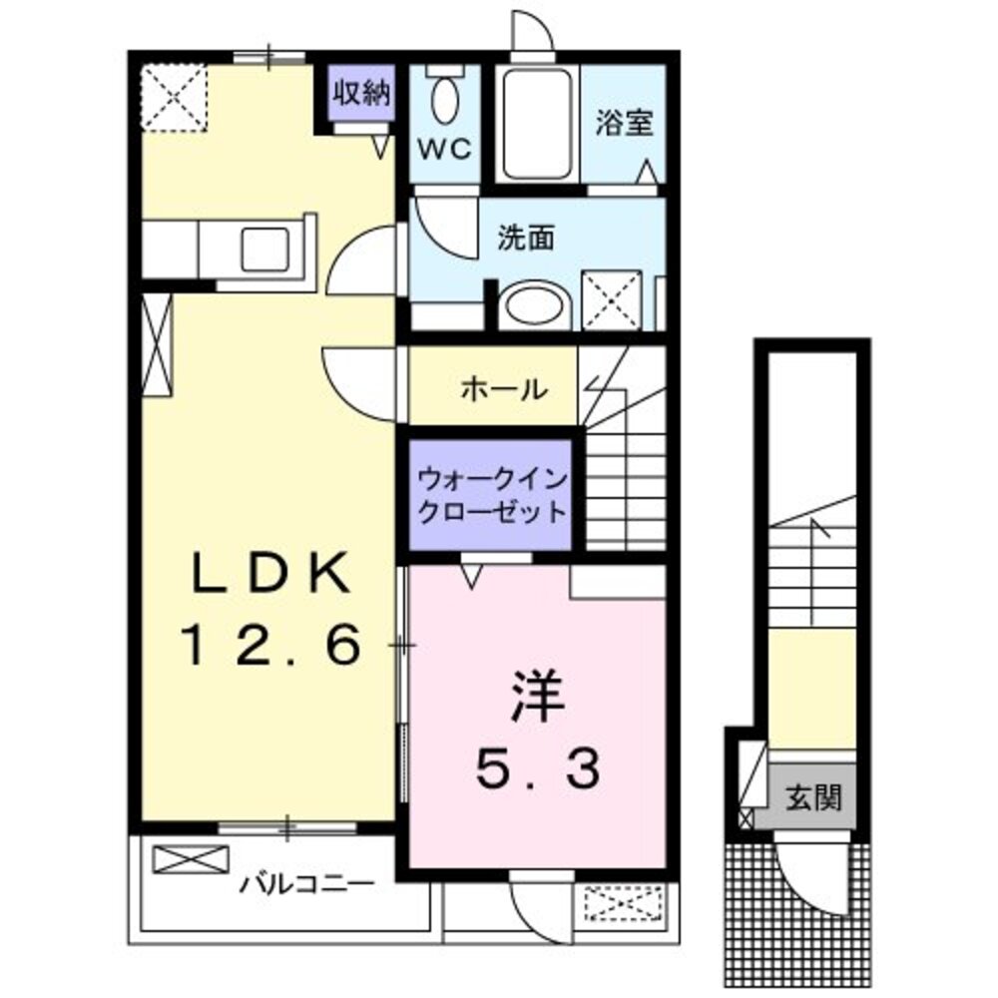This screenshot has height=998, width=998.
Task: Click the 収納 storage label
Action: (360, 95)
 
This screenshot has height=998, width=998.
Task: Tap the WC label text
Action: (444, 150)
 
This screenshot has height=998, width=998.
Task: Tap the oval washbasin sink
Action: (533, 306)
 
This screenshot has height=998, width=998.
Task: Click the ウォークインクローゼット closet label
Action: (492, 495)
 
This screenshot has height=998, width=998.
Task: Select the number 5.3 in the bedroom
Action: (539, 768)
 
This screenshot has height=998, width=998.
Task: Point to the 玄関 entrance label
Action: (811, 797)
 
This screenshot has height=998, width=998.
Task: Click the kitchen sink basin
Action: (265, 249)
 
